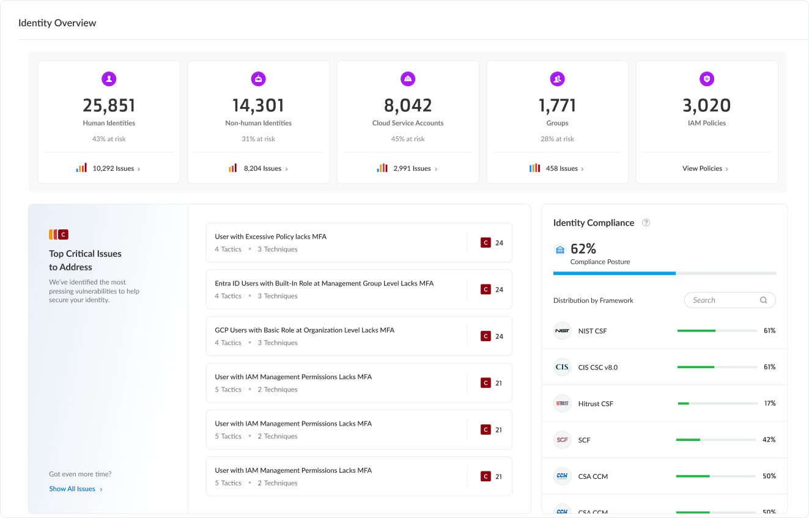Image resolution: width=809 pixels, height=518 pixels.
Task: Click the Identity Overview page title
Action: coord(57,23)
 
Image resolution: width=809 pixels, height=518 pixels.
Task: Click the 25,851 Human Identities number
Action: coord(109,105)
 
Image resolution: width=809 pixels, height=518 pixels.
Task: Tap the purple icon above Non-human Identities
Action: coord(259,79)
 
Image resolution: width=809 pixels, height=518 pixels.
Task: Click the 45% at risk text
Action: coord(408,139)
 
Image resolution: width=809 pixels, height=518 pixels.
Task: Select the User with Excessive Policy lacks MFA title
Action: coord(270,237)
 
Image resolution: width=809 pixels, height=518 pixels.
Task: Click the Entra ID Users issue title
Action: coord(324,284)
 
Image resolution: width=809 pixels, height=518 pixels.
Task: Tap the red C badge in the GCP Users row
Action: coord(486,336)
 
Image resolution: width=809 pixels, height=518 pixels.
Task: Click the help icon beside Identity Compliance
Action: coord(646,223)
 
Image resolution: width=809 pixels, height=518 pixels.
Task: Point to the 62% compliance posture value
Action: coord(583,249)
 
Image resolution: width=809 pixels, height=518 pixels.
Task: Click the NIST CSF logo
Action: coord(562,331)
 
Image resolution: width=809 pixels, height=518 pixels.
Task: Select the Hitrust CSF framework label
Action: coord(596,404)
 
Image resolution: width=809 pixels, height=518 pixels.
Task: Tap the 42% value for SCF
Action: coord(769,440)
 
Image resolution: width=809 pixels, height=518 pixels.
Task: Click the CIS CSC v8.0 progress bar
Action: coord(717,367)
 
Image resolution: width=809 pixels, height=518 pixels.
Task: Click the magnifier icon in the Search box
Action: coord(763,300)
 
